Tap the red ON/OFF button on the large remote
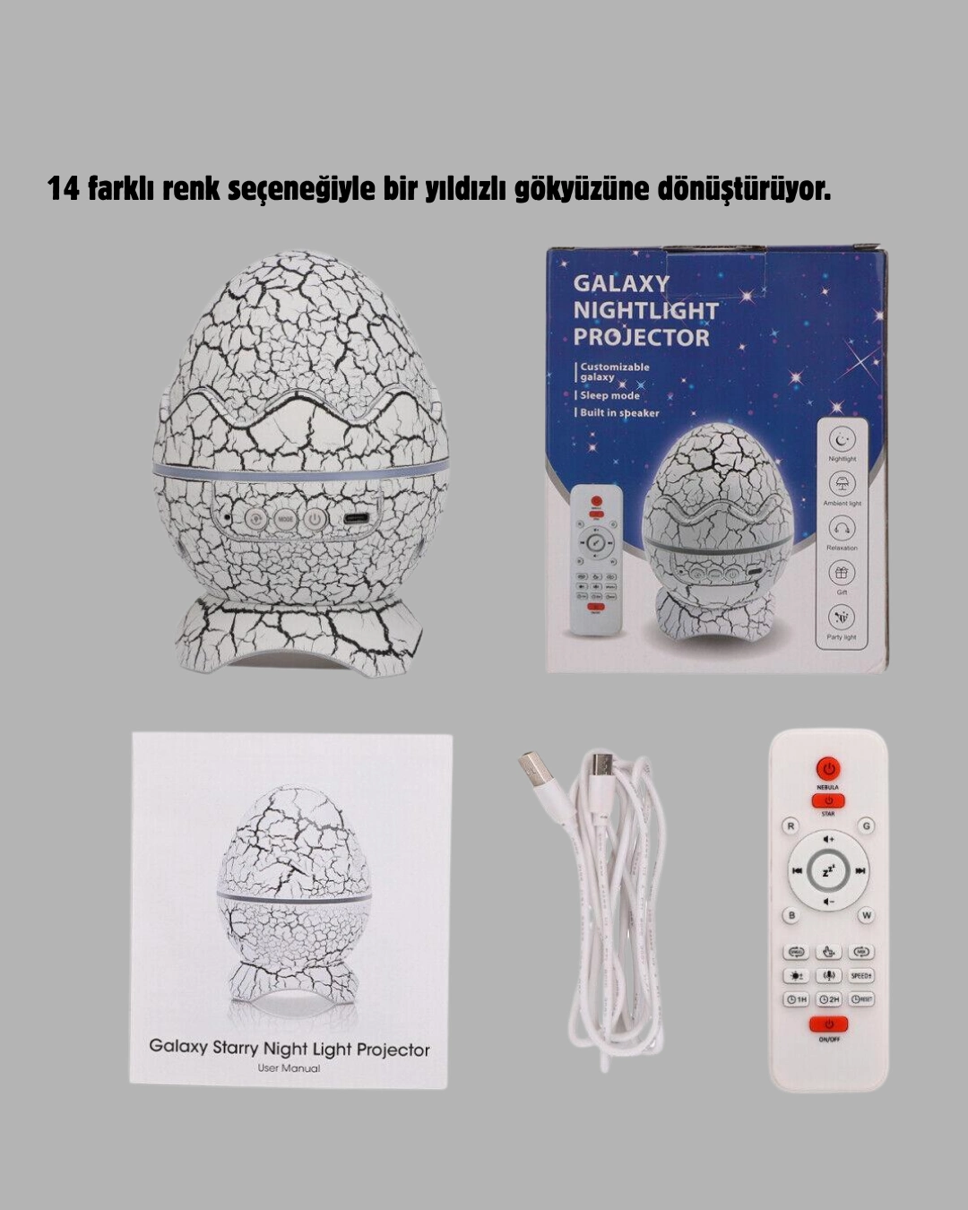(828, 1024)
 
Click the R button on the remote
(791, 825)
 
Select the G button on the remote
(866, 825)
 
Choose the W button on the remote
(866, 915)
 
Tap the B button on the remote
(791, 915)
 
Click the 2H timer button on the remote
(828, 998)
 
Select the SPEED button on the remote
(860, 975)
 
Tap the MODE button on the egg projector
(285, 518)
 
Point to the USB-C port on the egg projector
(356, 518)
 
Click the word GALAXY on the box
(621, 283)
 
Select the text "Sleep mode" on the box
(609, 395)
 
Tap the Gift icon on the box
(842, 572)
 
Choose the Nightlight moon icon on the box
(842, 439)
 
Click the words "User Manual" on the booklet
(289, 1067)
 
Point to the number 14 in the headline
(64, 189)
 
